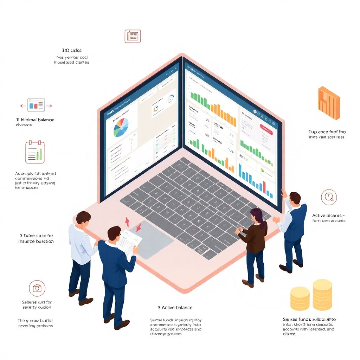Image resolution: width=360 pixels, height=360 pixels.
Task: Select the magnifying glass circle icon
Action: (329, 197)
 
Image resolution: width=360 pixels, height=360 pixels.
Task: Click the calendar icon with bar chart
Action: (35, 152)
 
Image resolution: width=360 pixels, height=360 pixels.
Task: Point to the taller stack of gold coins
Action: (322, 295)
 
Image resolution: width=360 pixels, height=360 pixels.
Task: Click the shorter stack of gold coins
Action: (300, 298)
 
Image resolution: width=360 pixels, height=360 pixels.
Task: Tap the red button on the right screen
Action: (266, 129)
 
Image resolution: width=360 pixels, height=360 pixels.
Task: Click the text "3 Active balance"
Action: (175, 308)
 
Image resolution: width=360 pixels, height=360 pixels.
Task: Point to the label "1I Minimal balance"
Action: (35, 120)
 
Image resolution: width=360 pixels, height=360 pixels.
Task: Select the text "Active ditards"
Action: (328, 215)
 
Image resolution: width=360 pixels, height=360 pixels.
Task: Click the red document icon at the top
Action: (133, 36)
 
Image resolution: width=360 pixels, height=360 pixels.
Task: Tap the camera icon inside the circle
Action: (37, 289)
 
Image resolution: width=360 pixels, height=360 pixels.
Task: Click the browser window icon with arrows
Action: (36, 105)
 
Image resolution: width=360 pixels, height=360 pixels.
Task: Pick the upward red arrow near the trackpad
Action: (127, 221)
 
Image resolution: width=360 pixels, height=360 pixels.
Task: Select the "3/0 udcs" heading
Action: (71, 50)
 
